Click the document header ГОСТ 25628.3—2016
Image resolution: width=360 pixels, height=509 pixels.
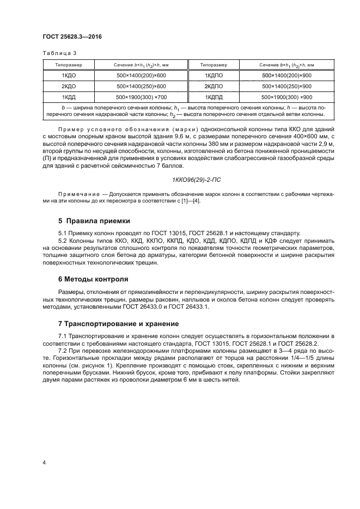coord(72,37)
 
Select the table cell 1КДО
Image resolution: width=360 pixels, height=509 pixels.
coord(68,76)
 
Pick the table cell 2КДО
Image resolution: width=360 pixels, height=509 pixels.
coord(68,86)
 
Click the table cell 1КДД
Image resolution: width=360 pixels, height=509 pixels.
coord(68,97)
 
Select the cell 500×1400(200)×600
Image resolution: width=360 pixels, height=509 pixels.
coord(141,76)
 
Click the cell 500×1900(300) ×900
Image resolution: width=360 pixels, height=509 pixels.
coord(286,97)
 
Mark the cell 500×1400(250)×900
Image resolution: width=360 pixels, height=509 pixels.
coord(286,86)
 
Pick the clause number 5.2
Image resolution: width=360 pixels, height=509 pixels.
coord(63,240)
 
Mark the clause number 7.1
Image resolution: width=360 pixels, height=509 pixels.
coord(63,338)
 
